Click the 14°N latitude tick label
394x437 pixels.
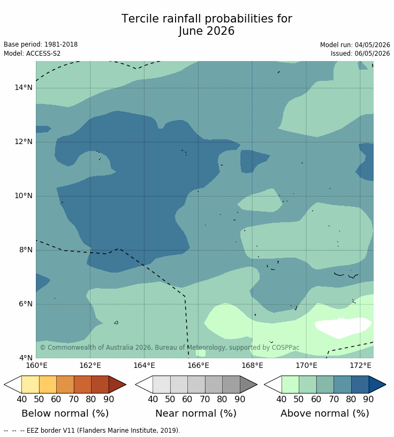(x=24, y=87)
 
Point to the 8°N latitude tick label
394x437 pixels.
(x=26, y=250)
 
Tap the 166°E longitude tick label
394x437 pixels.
(x=198, y=365)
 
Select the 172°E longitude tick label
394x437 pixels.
(x=360, y=365)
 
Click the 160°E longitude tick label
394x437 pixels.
(x=36, y=365)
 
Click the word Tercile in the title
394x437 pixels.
(x=140, y=19)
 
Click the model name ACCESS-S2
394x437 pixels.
(x=43, y=53)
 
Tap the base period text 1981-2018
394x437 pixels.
(x=61, y=44)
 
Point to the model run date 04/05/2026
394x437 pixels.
(x=372, y=45)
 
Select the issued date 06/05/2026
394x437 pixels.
(x=372, y=53)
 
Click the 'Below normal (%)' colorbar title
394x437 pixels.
(x=65, y=413)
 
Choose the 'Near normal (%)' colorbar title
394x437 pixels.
(x=196, y=413)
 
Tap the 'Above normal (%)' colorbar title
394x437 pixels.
(x=324, y=413)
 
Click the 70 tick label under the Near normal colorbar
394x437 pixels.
(x=205, y=399)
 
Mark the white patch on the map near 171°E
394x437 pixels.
(x=343, y=327)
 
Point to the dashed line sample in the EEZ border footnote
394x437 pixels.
(x=14, y=431)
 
